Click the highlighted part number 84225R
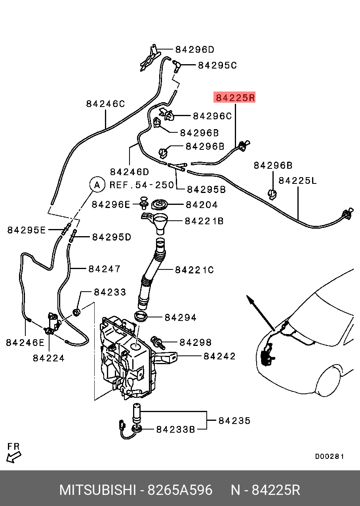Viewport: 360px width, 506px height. click(234, 97)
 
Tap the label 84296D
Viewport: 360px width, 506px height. click(194, 50)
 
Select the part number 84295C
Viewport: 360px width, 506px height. click(217, 65)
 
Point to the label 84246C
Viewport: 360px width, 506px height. click(105, 104)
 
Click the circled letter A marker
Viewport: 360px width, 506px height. click(96, 184)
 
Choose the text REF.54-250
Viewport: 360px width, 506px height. click(142, 185)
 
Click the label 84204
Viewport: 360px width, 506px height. click(202, 205)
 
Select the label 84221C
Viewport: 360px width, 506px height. click(194, 270)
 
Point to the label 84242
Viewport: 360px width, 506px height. click(219, 356)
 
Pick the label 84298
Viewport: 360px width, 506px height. click(196, 342)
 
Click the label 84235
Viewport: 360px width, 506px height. click(234, 420)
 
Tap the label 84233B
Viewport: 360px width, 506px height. click(175, 429)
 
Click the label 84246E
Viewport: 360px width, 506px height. click(25, 342)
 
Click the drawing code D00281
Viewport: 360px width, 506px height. click(330, 456)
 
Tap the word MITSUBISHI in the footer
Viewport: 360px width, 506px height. click(97, 490)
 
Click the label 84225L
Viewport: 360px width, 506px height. click(298, 181)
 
